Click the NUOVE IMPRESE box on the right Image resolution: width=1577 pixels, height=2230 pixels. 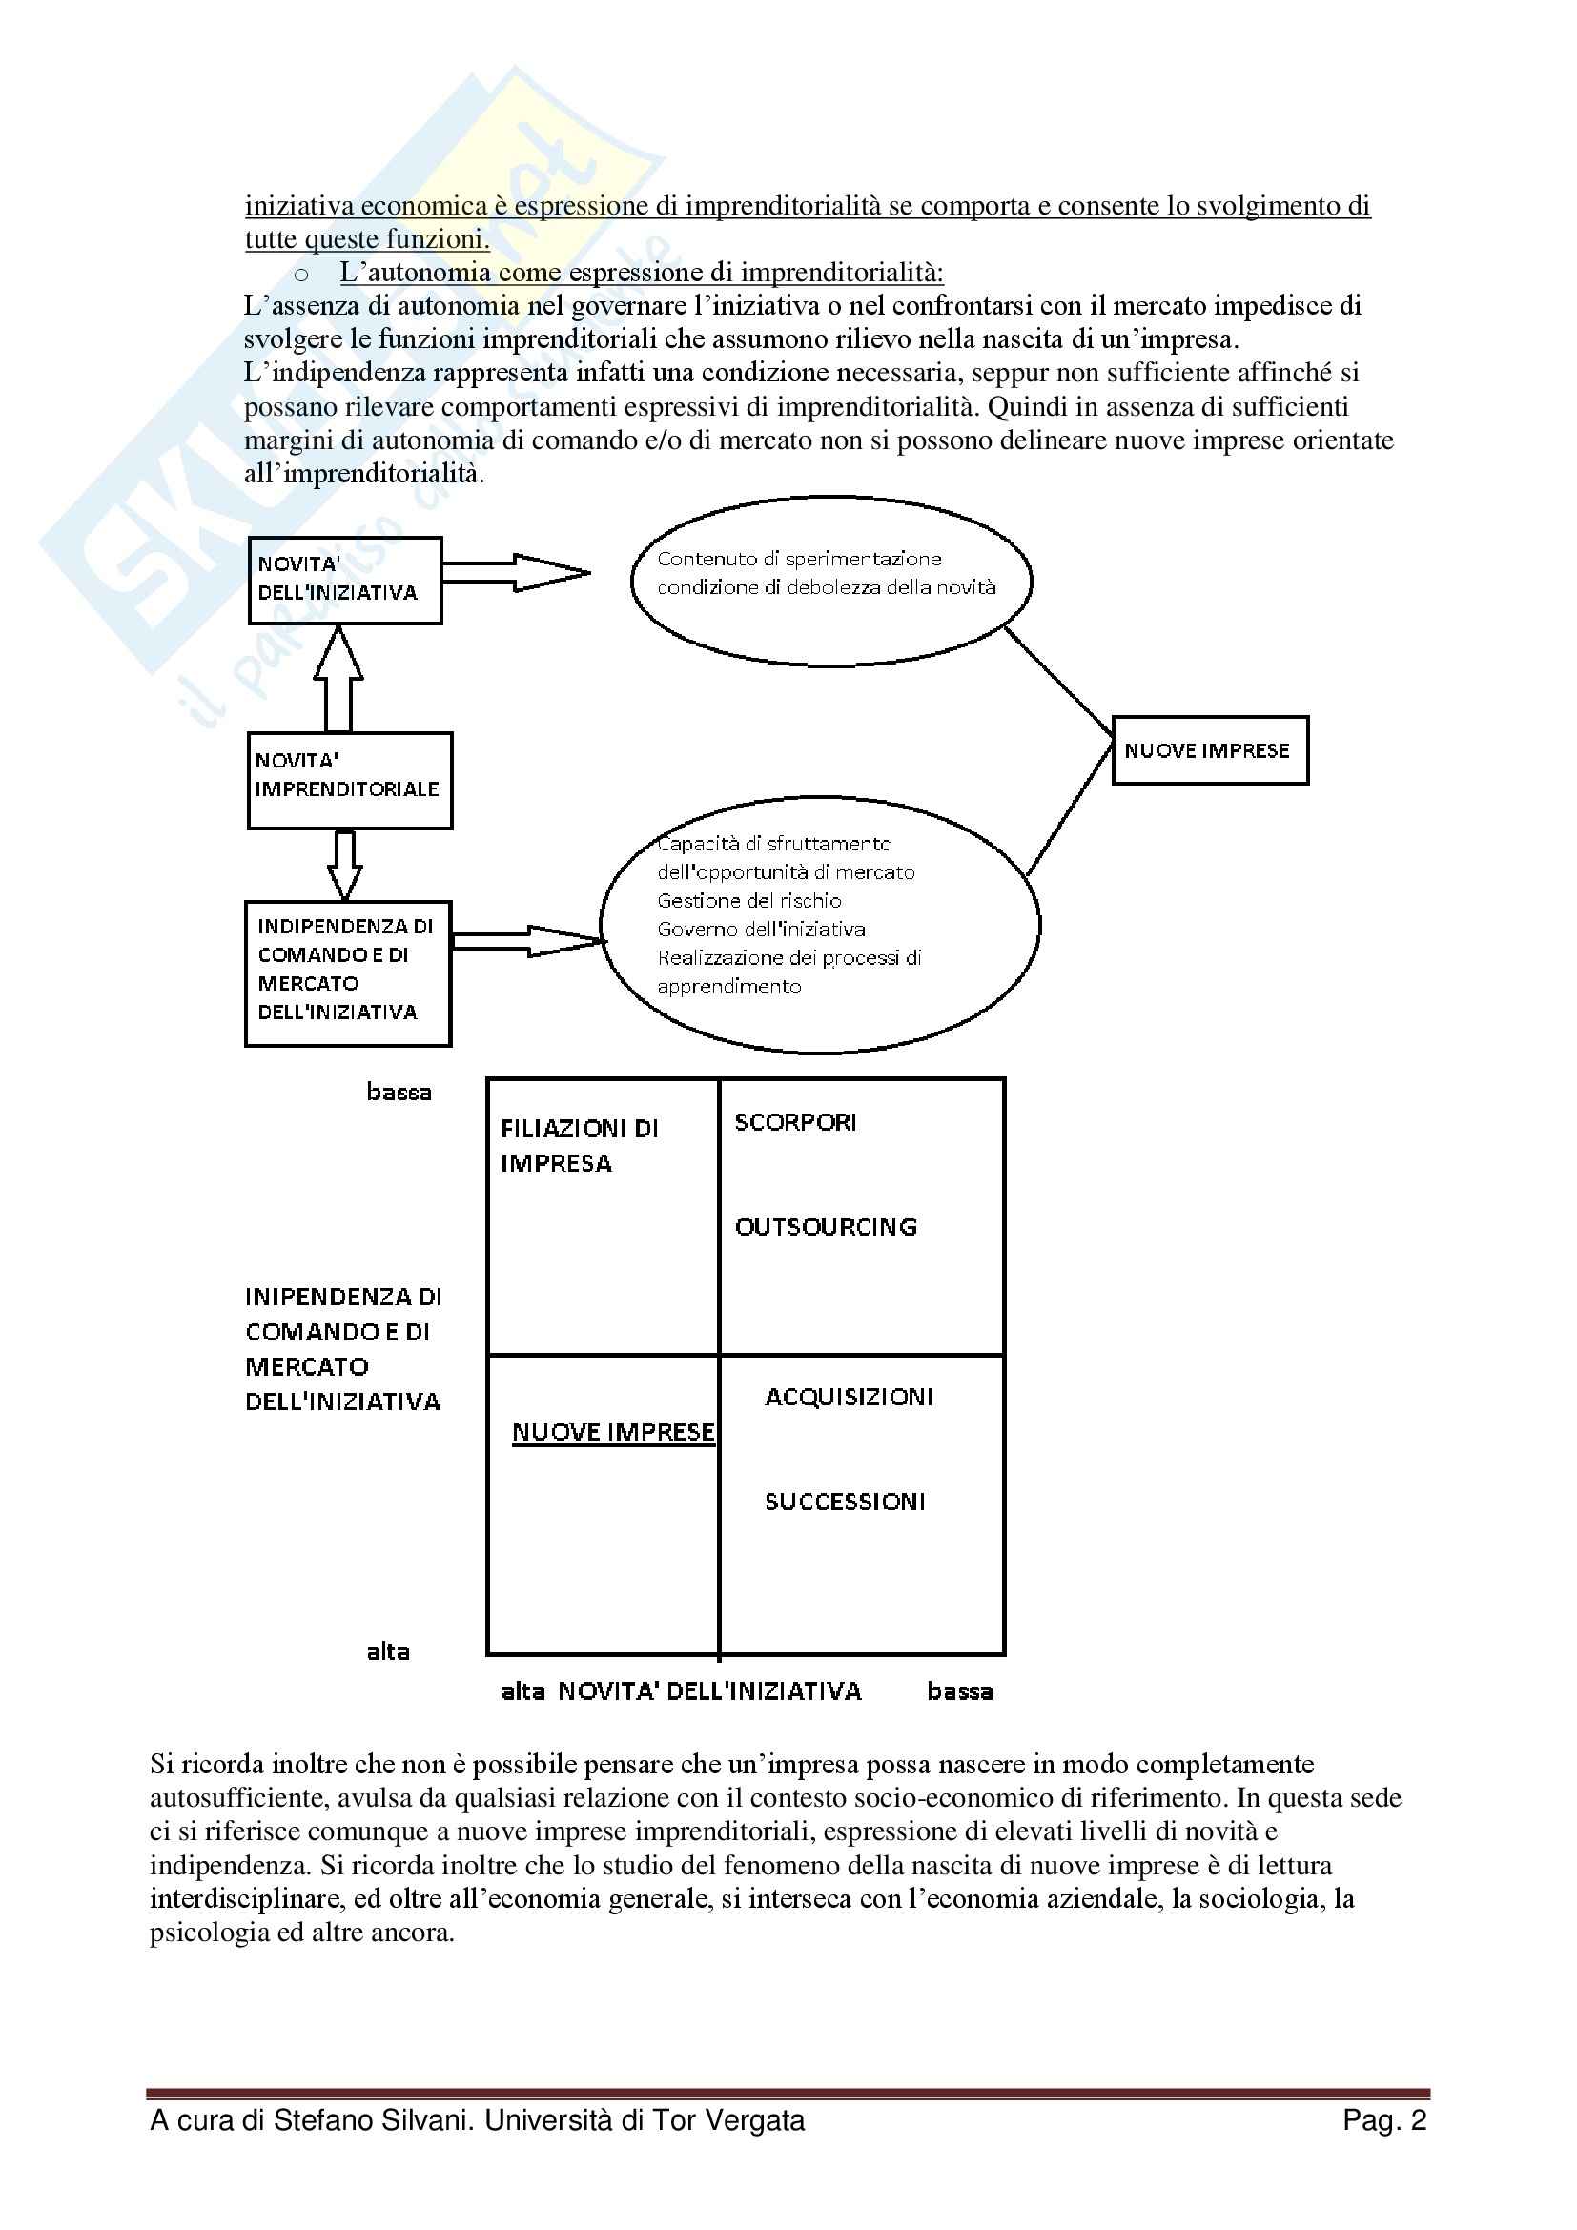tap(1209, 749)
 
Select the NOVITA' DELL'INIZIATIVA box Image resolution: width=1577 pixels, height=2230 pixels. tap(345, 580)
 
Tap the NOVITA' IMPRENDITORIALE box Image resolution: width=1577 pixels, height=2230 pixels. tap(350, 780)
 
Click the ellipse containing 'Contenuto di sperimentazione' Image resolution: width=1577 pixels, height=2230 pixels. tap(830, 581)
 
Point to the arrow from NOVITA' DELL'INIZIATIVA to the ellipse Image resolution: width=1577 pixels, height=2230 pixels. tap(515, 572)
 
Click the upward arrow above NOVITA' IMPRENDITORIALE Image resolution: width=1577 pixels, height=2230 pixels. tap(338, 679)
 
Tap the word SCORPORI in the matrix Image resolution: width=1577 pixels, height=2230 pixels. tap(795, 1123)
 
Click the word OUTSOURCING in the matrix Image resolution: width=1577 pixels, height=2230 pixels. tap(826, 1227)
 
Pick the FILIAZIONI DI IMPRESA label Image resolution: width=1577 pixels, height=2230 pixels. tap(579, 1145)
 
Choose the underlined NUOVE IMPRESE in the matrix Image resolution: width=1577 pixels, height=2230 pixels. tap(613, 1432)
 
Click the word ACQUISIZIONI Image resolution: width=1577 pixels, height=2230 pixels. tap(849, 1397)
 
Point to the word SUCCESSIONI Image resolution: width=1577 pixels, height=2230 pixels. tap(845, 1502)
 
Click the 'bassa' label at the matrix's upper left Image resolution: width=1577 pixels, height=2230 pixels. tap(399, 1092)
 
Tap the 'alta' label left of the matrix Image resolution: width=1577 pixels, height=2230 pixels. tap(387, 1651)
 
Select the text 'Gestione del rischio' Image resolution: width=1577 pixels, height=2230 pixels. tap(748, 900)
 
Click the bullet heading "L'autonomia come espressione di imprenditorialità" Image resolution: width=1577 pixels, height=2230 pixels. tap(641, 272)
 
